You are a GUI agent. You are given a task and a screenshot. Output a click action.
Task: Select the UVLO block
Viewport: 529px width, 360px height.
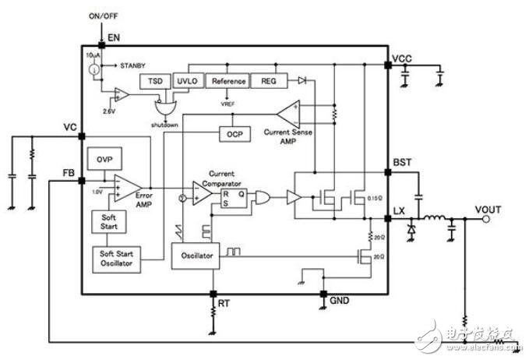pyautogui.click(x=186, y=81)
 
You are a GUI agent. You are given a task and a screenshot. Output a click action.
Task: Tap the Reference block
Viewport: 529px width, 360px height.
pyautogui.click(x=229, y=81)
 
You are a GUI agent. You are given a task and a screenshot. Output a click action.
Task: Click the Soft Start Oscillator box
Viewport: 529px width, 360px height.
pyautogui.click(x=115, y=259)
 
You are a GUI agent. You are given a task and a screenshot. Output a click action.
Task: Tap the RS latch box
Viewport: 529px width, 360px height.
pyautogui.click(x=235, y=198)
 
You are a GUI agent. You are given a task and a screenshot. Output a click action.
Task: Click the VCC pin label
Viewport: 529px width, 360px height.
pyautogui.click(x=403, y=59)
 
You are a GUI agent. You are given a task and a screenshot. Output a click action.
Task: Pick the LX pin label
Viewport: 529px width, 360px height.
pyautogui.click(x=399, y=211)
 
